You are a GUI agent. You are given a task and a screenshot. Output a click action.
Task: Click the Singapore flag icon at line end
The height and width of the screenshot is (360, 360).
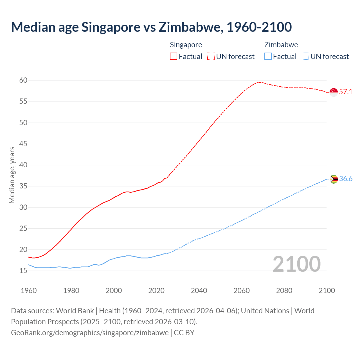coord(334,92)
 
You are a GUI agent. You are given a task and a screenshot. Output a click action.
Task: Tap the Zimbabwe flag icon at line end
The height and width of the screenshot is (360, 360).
coord(334,179)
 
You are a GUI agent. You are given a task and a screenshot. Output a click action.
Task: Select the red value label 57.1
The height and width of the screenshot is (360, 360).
coord(346,92)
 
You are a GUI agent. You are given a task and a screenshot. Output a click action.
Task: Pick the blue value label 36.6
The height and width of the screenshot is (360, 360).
coord(346,179)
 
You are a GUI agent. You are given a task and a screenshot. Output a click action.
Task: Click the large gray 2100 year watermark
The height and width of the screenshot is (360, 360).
coord(297,264)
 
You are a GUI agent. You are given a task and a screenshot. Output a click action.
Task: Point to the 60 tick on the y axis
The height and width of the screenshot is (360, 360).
coord(23,80)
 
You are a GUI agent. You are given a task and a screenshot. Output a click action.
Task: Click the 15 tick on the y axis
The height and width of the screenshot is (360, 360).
coord(23,271)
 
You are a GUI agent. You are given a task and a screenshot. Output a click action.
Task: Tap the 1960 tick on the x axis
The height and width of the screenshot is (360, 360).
coord(29,291)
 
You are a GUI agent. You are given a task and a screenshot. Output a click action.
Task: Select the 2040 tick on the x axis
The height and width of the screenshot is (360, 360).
coord(199,291)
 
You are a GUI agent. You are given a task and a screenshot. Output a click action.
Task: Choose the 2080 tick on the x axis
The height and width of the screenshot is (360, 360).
coord(284,291)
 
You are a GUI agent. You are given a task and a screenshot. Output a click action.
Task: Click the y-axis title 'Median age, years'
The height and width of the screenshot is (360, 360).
coord(12,175)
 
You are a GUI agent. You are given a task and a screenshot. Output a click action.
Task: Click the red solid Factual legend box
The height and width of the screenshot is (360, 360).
coord(174,57)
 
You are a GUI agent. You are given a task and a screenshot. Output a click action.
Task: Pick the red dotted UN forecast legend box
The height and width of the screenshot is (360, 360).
coord(211,57)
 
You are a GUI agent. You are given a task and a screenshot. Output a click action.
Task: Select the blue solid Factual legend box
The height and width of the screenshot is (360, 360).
coord(268,57)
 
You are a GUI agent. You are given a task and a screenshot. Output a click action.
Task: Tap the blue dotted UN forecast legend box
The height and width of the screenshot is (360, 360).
coord(305,57)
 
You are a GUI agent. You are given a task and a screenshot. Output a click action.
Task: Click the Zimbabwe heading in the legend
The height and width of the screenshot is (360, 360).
coord(281,45)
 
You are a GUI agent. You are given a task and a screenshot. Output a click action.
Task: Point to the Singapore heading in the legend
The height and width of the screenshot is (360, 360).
coord(186,45)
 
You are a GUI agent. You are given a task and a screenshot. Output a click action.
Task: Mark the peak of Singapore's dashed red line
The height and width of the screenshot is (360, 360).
coord(259,82)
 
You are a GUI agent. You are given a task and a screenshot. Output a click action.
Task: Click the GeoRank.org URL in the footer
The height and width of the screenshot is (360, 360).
coord(90,333)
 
